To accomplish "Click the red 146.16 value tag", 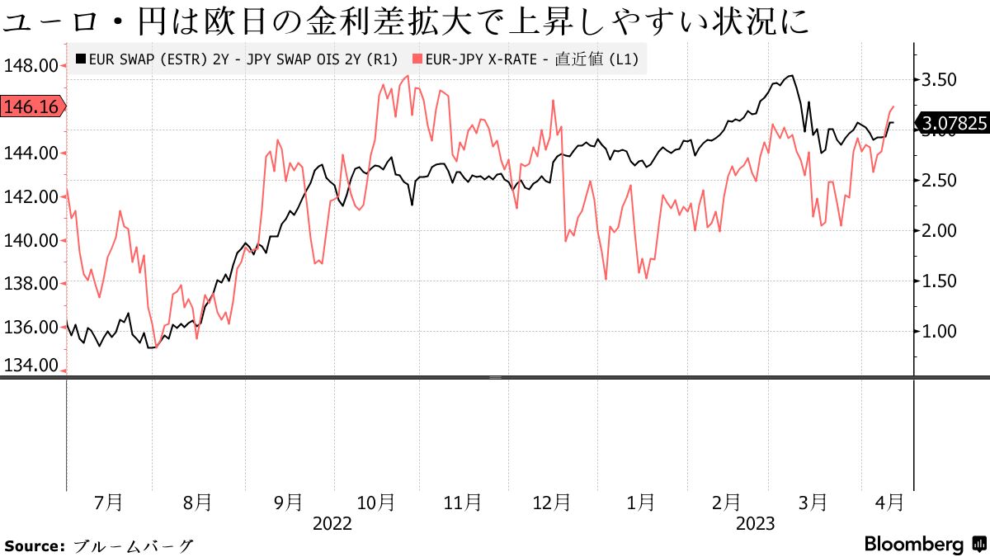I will (x=31, y=106).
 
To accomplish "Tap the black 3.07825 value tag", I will (x=954, y=124).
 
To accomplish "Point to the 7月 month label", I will (x=109, y=502).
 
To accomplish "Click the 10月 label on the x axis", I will (x=376, y=502).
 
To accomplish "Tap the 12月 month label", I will (x=551, y=502).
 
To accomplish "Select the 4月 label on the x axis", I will (x=888, y=502).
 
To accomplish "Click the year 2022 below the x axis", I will (x=332, y=523).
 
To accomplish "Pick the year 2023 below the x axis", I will (x=755, y=523).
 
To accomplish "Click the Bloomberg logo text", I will (x=914, y=545).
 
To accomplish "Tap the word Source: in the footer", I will (x=35, y=545).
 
